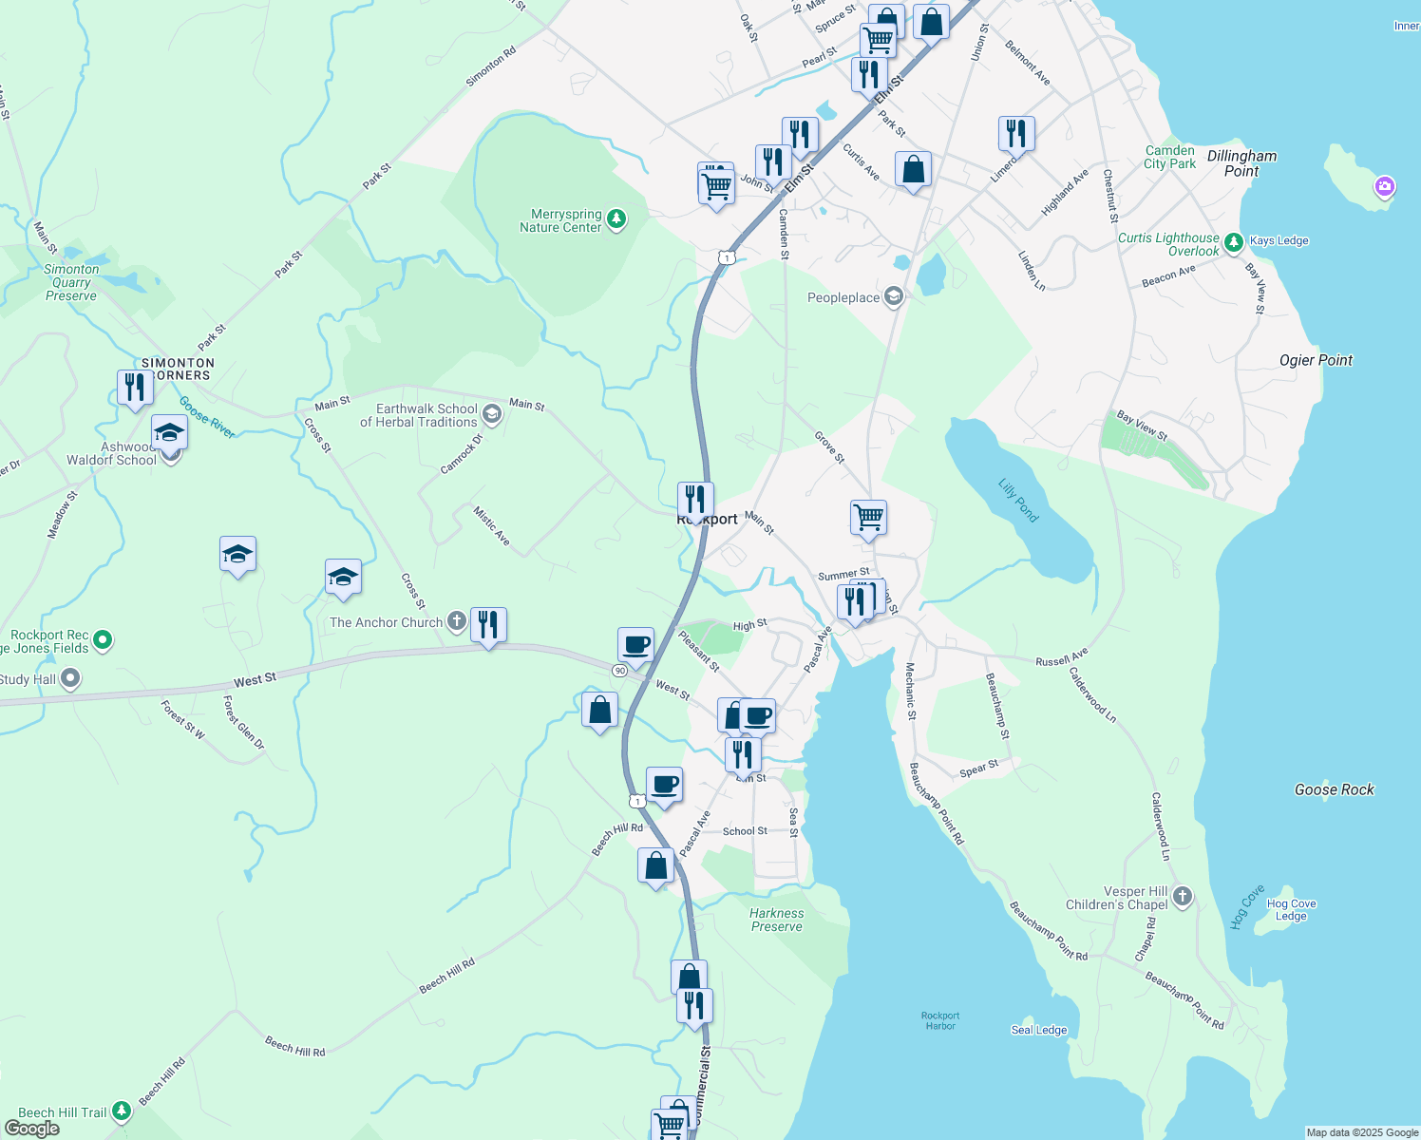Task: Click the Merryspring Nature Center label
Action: click(560, 221)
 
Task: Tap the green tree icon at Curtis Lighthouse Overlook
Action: click(1233, 243)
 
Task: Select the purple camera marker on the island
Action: click(1384, 186)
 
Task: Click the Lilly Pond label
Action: click(1017, 501)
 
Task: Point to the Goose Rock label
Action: click(1334, 789)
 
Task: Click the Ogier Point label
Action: click(1316, 360)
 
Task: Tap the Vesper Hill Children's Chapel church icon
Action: click(1183, 896)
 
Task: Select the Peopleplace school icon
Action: click(893, 297)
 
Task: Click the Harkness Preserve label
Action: click(776, 920)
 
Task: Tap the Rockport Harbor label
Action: click(940, 1020)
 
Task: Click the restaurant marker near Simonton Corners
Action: click(135, 388)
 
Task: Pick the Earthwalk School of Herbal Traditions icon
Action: click(491, 413)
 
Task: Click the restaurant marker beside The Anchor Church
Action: click(488, 625)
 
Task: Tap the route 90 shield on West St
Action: click(619, 671)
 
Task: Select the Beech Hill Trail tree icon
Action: click(121, 1111)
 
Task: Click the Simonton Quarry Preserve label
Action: click(71, 282)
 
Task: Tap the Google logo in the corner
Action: click(31, 1128)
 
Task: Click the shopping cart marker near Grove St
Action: click(868, 518)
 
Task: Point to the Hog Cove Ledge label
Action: click(1291, 910)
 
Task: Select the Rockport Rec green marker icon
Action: click(104, 640)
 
